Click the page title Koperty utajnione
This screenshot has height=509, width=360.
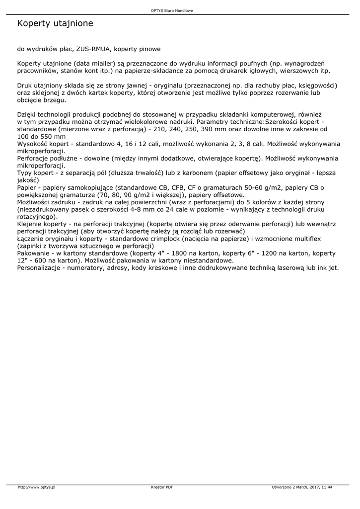pos(55,23)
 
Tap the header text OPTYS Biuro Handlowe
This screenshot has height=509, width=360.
pos(172,10)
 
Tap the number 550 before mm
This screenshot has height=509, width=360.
pos(48,136)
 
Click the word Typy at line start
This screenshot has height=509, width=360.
pos(25,172)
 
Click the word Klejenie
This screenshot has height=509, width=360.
pos(31,224)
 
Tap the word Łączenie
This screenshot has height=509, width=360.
pos(33,239)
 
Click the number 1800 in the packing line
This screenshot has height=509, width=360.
pos(180,253)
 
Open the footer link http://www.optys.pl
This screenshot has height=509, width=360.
pos(37,487)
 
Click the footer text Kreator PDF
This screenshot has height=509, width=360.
pos(162,487)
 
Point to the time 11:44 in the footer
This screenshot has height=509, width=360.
pos(327,487)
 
